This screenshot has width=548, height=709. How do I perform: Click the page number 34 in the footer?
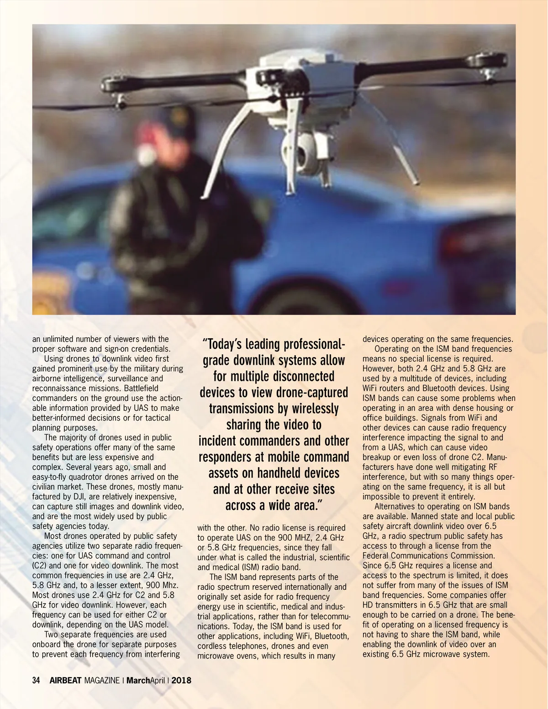tap(36, 680)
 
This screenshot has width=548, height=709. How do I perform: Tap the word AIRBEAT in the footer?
tap(65, 680)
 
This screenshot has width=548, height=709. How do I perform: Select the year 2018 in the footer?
tap(181, 680)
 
